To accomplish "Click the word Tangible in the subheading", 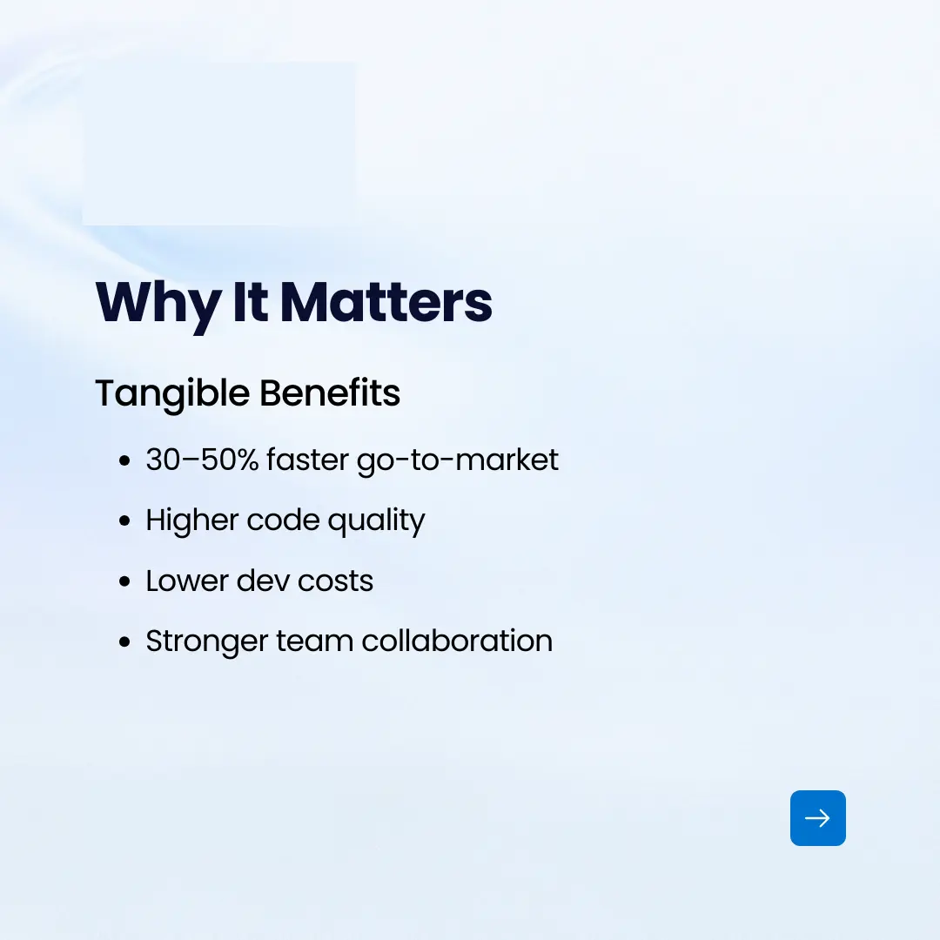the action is tap(172, 394).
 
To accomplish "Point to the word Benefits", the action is tap(330, 393).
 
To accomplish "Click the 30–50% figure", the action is tap(203, 460).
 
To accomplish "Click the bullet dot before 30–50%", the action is tap(124, 460).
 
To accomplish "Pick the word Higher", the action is tap(192, 520).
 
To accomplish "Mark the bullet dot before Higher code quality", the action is tap(124, 520).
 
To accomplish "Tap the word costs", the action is tap(335, 581).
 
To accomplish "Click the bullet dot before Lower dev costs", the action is tap(124, 581).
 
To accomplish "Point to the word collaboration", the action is tap(457, 641).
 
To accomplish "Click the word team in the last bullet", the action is tap(315, 641).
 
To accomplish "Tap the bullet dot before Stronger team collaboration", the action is tap(124, 641).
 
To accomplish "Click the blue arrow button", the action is tap(817, 817).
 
